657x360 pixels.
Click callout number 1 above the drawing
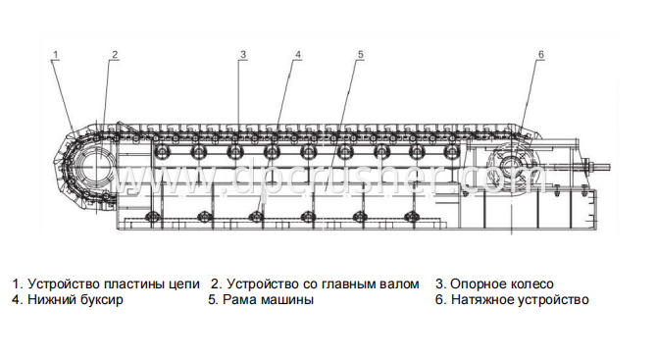point(56,54)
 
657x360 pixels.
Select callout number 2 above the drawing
point(115,54)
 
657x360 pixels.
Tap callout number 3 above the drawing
point(243,54)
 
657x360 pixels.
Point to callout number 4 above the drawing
point(298,55)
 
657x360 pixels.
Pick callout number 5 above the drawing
point(361,55)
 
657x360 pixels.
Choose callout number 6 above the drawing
point(540,54)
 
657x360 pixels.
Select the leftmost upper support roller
point(162,151)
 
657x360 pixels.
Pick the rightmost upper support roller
point(451,151)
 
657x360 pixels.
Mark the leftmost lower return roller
point(151,217)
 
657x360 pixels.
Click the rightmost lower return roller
point(411,217)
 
